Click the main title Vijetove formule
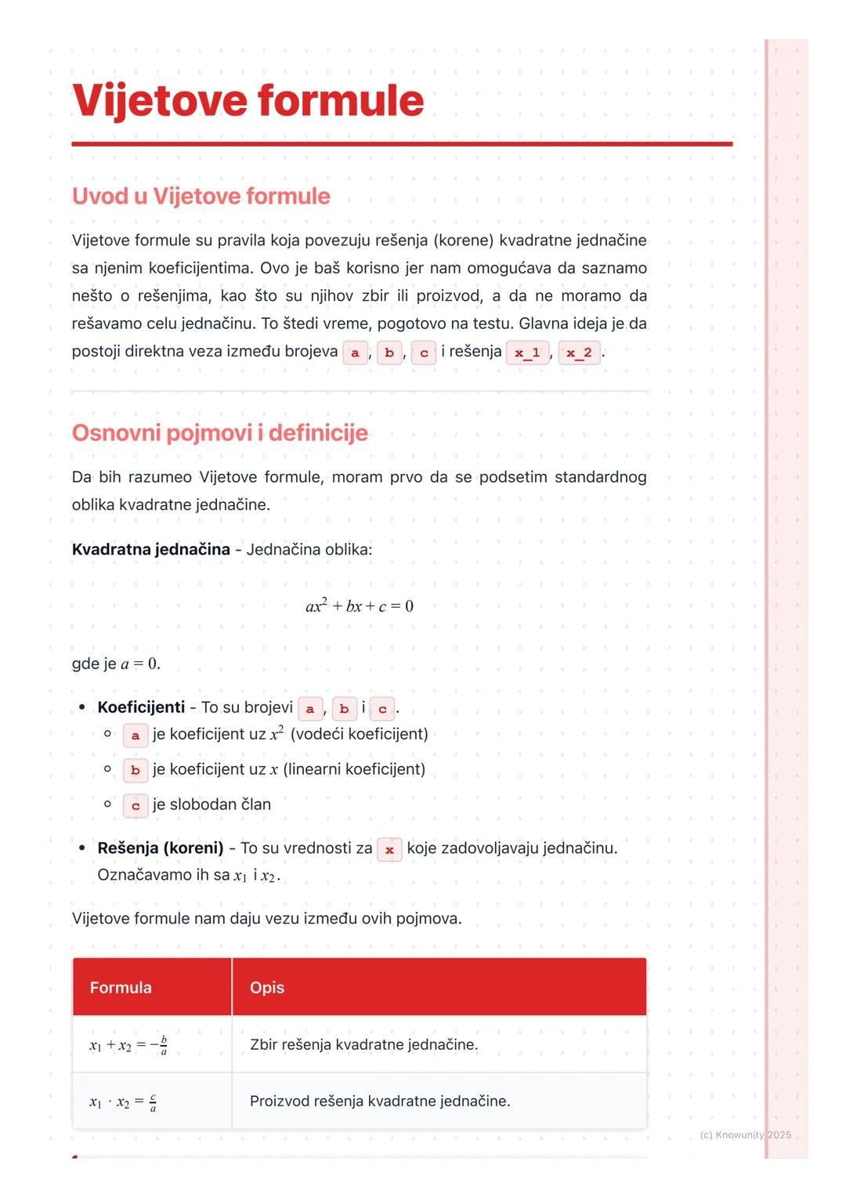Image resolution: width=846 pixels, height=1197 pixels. [x=248, y=101]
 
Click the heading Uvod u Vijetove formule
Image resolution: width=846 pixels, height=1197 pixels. [x=201, y=196]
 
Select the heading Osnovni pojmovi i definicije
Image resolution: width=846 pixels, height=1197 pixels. [x=219, y=432]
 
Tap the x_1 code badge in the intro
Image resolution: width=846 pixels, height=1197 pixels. [x=527, y=353]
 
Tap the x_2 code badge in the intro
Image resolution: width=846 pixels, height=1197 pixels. [x=579, y=353]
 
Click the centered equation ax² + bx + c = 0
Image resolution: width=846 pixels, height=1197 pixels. [x=360, y=606]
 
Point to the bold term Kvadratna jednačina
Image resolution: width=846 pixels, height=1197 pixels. [x=150, y=549]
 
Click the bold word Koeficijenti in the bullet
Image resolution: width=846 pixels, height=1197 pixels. [x=141, y=707]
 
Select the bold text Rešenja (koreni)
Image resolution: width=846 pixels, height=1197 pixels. [x=161, y=848]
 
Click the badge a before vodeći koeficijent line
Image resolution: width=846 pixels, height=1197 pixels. [x=136, y=736]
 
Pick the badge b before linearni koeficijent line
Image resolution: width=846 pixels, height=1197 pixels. [x=136, y=770]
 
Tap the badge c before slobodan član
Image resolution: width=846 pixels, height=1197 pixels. [x=136, y=805]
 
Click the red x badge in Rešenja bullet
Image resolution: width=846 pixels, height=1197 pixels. [x=389, y=849]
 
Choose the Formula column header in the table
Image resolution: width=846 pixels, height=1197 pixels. [x=121, y=987]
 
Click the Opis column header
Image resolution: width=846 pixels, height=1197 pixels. [x=267, y=987]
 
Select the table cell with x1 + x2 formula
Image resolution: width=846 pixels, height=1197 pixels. [x=128, y=1045]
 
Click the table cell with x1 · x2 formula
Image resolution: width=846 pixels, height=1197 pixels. [x=123, y=1102]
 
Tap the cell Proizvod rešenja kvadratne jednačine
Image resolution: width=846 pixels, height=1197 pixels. [x=380, y=1101]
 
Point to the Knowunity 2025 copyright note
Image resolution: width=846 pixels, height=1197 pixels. [x=745, y=1134]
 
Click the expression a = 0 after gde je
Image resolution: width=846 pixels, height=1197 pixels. [x=140, y=664]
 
